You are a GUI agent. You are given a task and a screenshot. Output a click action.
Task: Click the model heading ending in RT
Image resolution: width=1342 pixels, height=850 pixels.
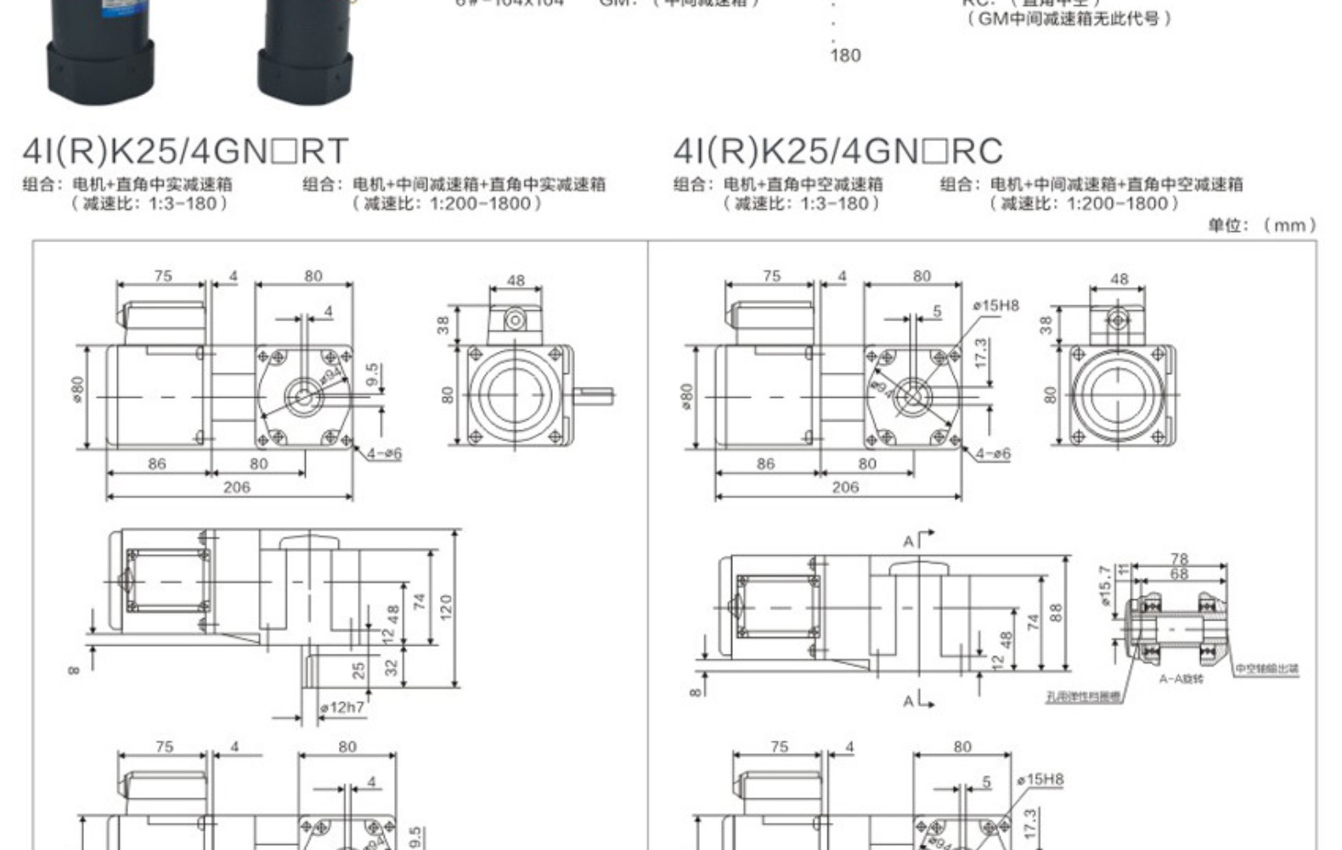point(185,151)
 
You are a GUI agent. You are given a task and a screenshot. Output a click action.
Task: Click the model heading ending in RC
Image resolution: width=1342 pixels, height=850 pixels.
point(837,151)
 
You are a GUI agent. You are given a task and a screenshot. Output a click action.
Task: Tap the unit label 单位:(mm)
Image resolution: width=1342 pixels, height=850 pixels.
point(1262,225)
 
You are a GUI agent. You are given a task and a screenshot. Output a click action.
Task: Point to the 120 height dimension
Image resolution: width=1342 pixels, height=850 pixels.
point(447,606)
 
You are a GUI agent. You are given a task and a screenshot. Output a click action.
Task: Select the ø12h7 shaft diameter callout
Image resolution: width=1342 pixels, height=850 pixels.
point(342,707)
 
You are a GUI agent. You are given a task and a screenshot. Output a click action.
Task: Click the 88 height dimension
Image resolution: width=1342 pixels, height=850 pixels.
point(1056,612)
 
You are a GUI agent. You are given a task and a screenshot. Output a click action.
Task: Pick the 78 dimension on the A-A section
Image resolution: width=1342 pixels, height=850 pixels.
point(1179,558)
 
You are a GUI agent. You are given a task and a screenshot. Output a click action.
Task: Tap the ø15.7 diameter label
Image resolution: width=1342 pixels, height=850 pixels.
point(1105,586)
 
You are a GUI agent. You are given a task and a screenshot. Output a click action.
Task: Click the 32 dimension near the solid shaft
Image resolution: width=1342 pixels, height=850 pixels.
point(392,667)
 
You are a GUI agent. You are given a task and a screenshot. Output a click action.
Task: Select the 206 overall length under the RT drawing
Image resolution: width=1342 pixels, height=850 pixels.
point(237,487)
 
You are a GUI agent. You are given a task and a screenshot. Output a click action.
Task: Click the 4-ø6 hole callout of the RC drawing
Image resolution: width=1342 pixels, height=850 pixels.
point(992,454)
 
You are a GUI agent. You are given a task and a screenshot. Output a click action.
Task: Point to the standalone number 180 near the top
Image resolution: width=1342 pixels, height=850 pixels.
point(845,56)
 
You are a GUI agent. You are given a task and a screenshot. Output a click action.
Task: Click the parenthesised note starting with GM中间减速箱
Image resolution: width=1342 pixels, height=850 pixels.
point(1069,19)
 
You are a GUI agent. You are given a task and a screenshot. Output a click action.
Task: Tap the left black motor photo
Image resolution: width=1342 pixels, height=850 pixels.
point(100,51)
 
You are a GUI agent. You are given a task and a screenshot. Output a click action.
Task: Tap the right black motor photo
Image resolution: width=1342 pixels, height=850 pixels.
point(303,51)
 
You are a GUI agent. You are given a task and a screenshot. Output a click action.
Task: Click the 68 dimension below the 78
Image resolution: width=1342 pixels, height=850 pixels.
point(1179,574)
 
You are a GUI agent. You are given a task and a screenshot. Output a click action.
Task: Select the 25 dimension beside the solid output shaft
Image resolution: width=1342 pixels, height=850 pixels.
point(358,670)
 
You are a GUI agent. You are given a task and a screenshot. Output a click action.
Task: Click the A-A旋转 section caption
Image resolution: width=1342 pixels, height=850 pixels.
point(1181,679)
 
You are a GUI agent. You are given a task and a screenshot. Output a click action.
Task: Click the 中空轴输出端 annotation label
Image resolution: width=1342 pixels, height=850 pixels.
point(1266,669)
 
